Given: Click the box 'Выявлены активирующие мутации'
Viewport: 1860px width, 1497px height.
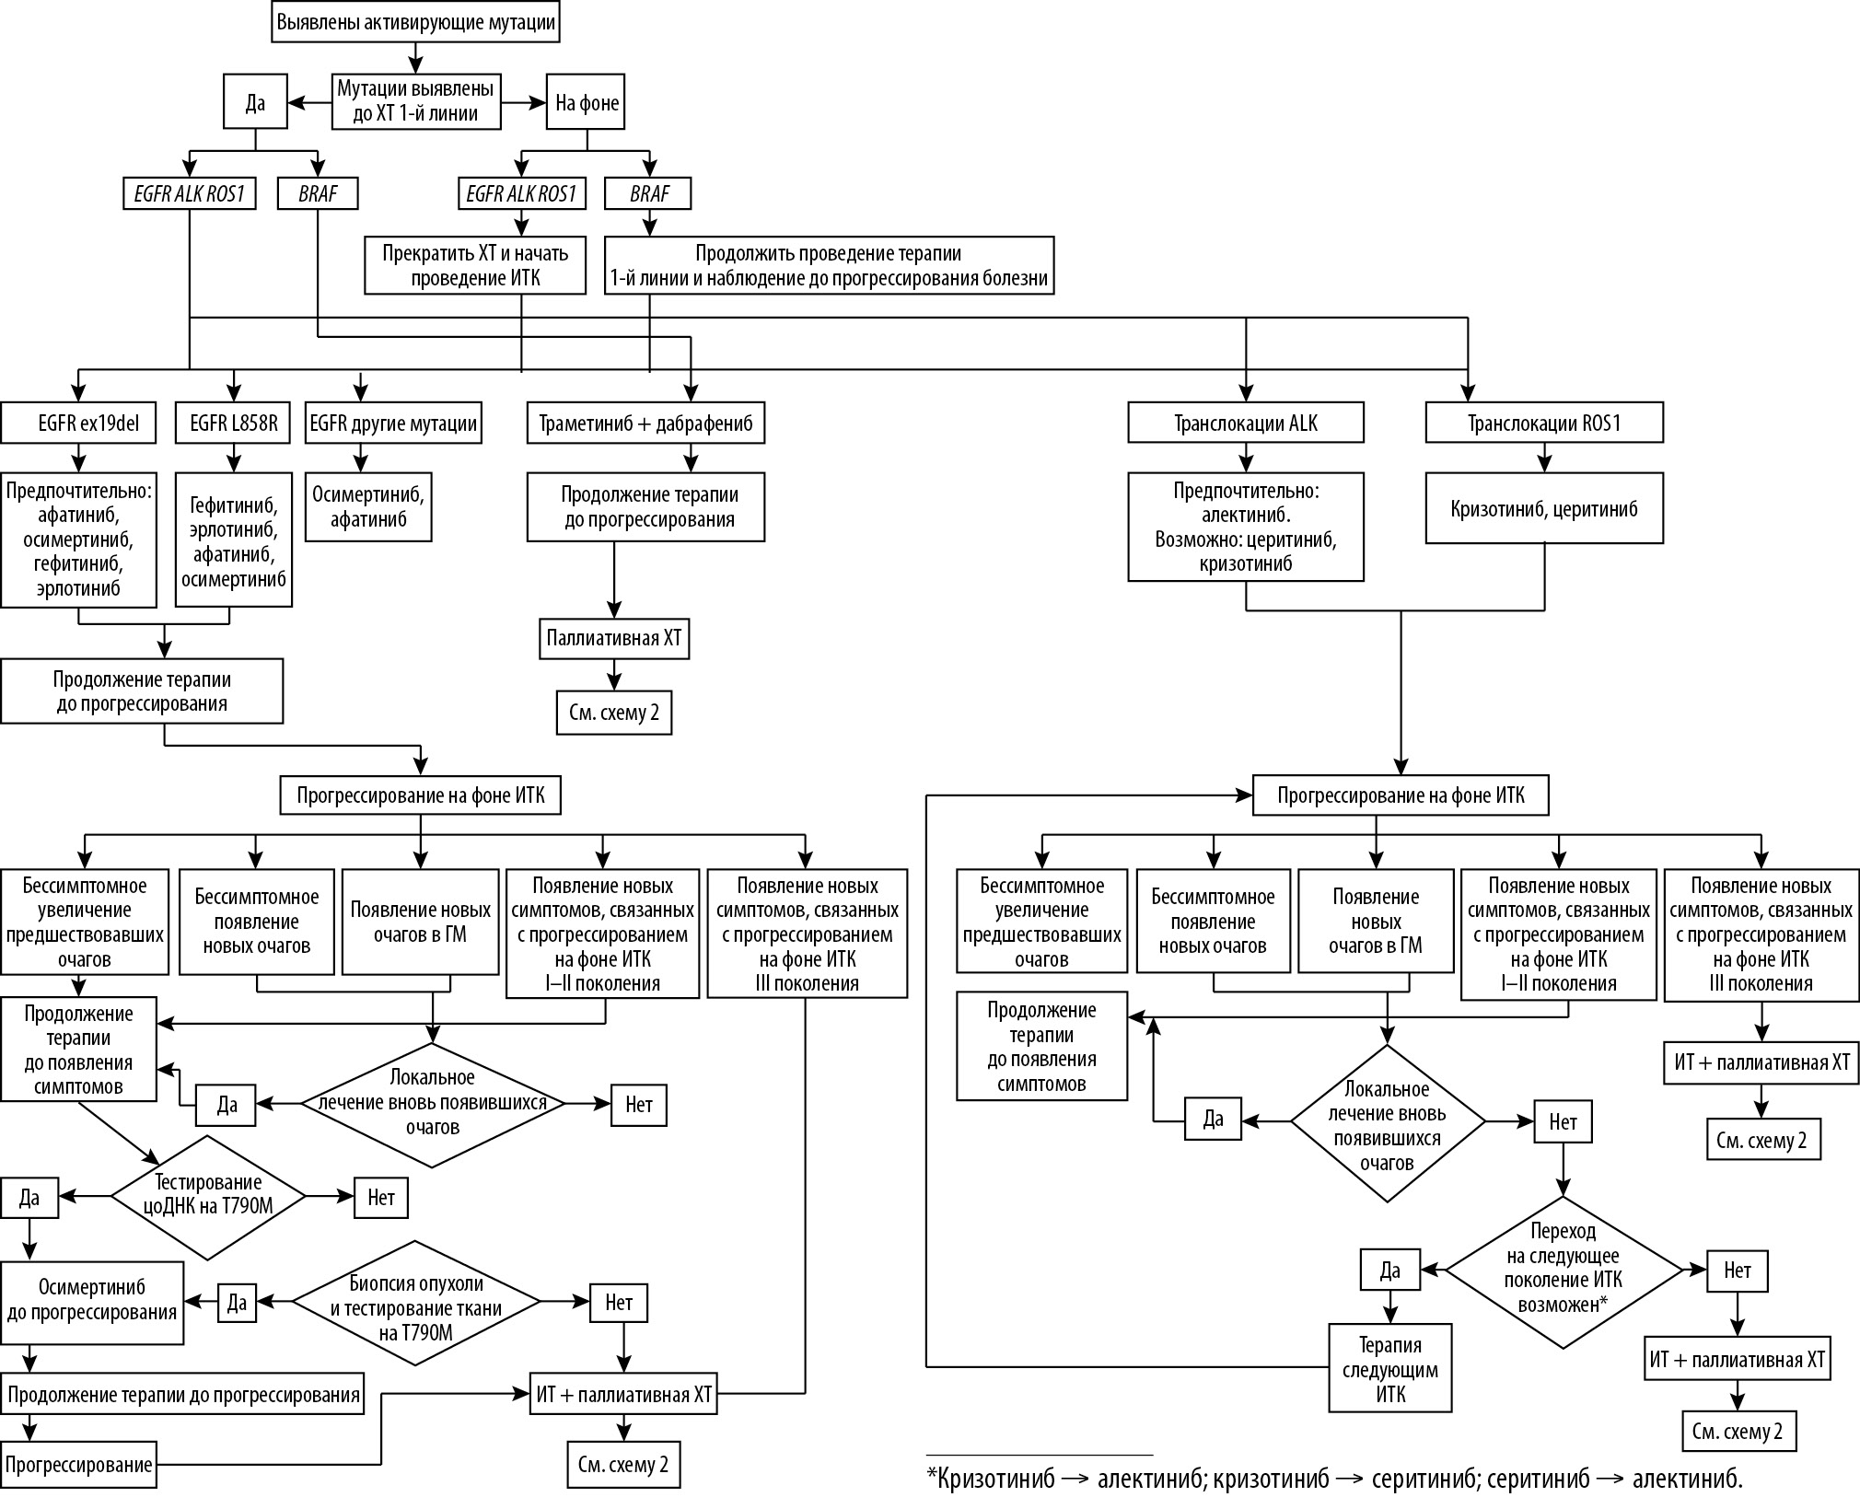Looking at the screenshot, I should tap(416, 22).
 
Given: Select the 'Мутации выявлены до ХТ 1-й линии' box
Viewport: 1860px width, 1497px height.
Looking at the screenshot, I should tap(416, 101).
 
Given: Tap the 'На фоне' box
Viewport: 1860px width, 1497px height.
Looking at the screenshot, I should tap(587, 102).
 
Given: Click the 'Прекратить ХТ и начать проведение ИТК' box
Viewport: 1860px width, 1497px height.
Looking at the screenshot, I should tap(474, 266).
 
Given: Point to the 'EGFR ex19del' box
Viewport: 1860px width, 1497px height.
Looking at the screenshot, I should tap(78, 424).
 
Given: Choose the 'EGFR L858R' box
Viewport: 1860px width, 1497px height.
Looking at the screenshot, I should tap(233, 424).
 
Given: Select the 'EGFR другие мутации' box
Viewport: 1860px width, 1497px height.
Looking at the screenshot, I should tap(393, 424).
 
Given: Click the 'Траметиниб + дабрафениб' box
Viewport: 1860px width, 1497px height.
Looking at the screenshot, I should tap(645, 424).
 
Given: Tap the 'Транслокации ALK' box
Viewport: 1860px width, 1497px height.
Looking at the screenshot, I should tap(1245, 424).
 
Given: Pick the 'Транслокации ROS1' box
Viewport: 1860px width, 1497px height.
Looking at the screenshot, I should tap(1543, 424).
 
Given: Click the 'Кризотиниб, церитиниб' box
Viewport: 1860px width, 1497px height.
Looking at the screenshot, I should tap(1543, 508).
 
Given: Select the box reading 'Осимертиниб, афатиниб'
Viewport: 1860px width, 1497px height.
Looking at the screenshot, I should tap(368, 507).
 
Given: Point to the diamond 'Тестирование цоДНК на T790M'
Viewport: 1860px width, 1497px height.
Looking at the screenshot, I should tap(208, 1197).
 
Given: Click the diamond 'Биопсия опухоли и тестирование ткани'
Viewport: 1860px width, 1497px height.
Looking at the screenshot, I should tap(416, 1302).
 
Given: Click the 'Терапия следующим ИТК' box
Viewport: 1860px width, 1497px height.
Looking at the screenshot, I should tap(1389, 1368).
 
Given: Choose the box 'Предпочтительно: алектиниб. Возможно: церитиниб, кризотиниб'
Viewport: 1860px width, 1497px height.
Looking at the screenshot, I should tap(1245, 527).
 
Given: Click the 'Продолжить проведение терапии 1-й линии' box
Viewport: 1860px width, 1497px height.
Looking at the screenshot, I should tap(828, 266).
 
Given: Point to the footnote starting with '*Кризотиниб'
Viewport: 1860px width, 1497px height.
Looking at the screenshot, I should tap(1334, 1480).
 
